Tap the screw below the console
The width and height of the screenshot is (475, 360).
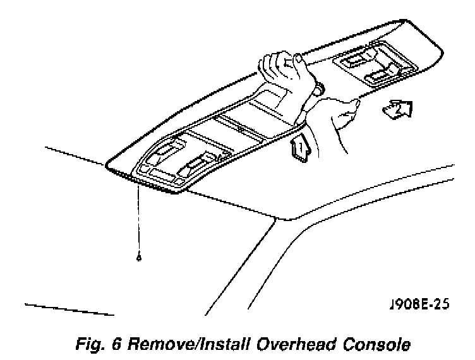[138, 258]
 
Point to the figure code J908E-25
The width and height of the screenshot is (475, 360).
[420, 304]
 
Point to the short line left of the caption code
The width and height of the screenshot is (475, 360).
[69, 309]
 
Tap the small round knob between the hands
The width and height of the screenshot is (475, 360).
[318, 88]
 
